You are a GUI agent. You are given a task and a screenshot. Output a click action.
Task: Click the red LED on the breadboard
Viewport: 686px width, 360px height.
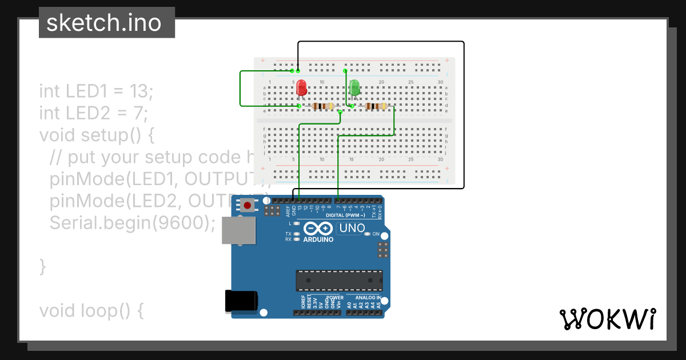(x=301, y=88)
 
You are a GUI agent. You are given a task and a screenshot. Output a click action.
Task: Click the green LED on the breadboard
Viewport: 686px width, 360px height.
(x=354, y=87)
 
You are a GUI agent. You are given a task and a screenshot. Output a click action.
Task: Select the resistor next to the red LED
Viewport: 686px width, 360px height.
(x=323, y=106)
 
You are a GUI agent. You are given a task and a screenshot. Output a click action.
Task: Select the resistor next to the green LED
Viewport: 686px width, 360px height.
(x=376, y=106)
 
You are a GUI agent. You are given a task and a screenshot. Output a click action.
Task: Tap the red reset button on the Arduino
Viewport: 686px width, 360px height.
(x=248, y=206)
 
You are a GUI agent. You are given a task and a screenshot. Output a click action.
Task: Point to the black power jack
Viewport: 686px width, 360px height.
(x=241, y=301)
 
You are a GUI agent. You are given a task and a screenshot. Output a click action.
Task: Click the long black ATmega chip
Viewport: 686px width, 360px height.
(x=339, y=281)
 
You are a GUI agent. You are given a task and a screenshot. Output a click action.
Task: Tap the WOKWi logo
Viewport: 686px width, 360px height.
(x=608, y=319)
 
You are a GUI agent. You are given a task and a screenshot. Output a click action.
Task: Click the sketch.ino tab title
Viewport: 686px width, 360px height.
(x=106, y=23)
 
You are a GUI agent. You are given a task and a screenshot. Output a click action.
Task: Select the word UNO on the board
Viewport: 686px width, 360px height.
(x=352, y=229)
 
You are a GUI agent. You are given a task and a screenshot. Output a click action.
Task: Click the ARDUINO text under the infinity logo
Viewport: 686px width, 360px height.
(x=318, y=239)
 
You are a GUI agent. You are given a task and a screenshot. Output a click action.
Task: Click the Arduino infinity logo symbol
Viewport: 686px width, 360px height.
(x=318, y=229)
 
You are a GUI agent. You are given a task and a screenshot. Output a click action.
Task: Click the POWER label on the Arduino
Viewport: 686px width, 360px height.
(x=335, y=298)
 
